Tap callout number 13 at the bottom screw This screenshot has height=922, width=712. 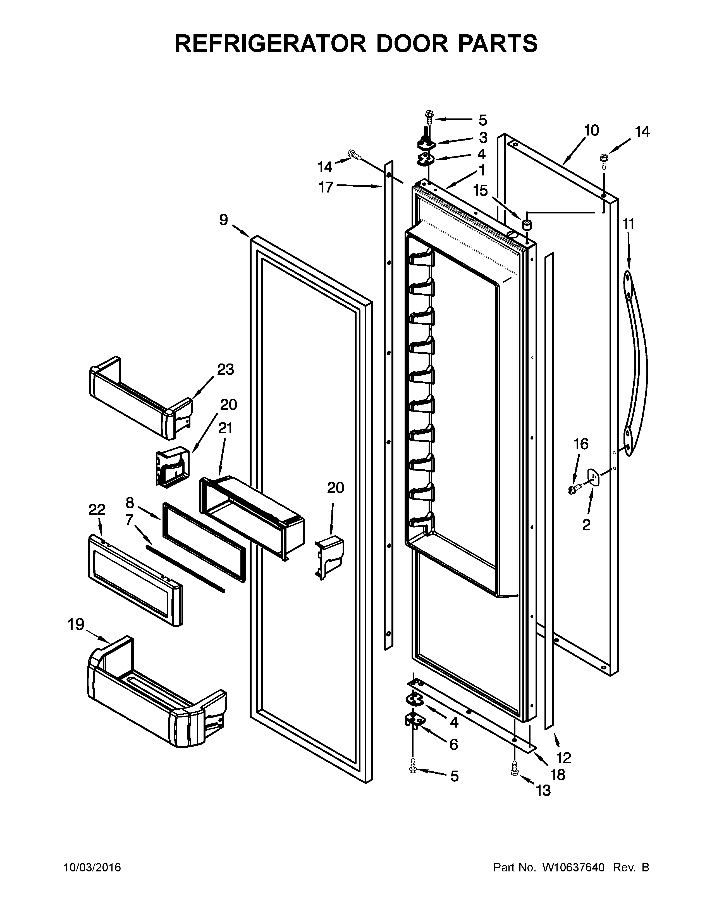click(x=543, y=790)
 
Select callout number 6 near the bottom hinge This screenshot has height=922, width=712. click(x=453, y=744)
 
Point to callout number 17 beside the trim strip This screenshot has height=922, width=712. click(x=326, y=187)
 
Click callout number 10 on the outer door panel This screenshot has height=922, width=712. click(x=591, y=130)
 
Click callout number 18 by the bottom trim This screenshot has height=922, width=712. click(x=558, y=775)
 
